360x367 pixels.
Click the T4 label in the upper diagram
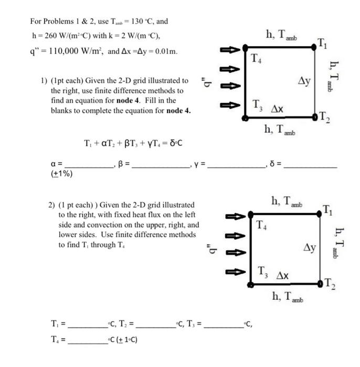tap(256, 57)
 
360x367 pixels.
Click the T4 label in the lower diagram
tap(261, 225)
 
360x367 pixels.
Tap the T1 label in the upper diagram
tap(324, 44)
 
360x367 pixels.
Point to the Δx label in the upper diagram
tap(278, 109)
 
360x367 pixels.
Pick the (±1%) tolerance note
tap(61, 175)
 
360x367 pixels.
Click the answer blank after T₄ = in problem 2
tap(87, 339)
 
